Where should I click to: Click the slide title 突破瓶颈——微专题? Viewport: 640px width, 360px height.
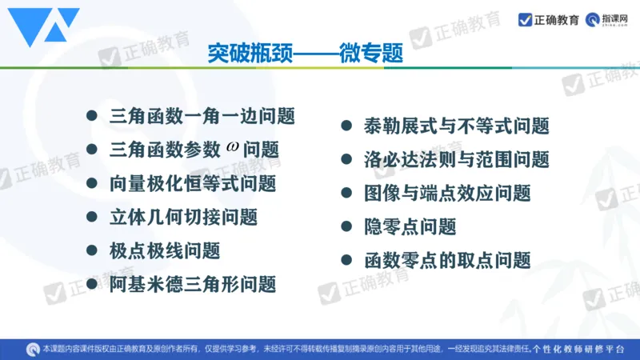pos(304,54)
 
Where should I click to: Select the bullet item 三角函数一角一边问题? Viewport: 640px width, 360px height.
pos(202,116)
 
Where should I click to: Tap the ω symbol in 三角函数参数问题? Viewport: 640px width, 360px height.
pos(233,147)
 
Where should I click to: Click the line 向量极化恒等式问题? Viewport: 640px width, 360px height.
pos(193,183)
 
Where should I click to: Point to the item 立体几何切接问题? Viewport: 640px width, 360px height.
pos(183,217)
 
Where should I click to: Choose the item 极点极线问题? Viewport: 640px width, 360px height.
pos(164,250)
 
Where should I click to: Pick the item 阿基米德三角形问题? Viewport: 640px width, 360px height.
pos(193,284)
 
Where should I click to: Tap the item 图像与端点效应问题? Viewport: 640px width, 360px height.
pos(446,193)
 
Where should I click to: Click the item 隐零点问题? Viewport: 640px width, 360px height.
pos(409,226)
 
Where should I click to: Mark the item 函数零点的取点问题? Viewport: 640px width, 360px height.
pos(446,260)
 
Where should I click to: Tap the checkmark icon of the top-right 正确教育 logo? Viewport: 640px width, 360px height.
pos(526,20)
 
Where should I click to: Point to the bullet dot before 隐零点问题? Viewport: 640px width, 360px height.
pos(346,226)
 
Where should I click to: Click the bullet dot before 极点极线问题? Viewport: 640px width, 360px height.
pos(92,250)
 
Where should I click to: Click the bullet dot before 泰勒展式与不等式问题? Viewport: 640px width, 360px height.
pos(346,126)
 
